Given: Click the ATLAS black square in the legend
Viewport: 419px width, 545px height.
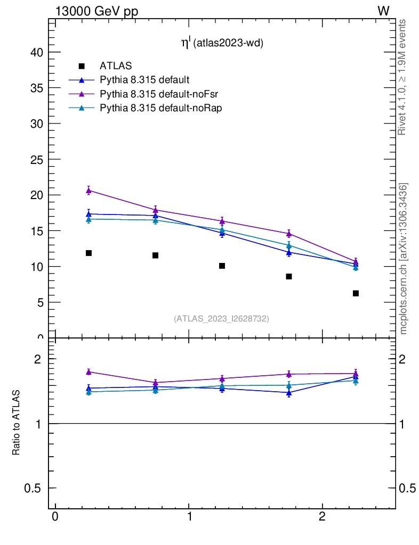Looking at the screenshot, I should coord(82,66).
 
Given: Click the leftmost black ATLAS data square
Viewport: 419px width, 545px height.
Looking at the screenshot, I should coord(88,253).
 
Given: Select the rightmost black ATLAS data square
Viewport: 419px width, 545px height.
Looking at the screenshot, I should coord(356,293).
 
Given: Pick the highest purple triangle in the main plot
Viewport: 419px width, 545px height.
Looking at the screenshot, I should coord(88,190).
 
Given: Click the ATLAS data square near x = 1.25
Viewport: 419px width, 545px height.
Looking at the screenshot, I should coord(222,266).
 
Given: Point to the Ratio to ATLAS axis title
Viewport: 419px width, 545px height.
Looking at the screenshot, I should coord(17,423).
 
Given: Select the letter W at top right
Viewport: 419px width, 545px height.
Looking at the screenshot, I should coord(383,11).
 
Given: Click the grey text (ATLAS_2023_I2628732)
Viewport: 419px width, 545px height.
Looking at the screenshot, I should coord(221,319).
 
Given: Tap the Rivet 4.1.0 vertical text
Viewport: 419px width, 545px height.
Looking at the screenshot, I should coord(402,77).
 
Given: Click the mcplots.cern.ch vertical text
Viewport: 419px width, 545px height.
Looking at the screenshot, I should coord(403,259).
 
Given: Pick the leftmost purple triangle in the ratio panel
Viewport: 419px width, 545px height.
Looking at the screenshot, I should coord(88,371).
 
